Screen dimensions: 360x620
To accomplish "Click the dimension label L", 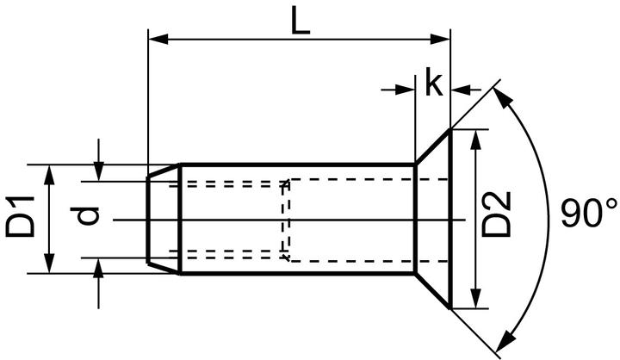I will click(299, 19).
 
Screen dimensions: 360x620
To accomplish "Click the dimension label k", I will click(433, 84).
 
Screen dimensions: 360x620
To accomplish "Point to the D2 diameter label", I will click(497, 215).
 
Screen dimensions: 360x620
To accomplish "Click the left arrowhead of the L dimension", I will click(158, 38).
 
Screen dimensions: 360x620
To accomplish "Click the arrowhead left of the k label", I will click(406, 89).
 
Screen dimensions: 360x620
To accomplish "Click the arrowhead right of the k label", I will click(460, 89).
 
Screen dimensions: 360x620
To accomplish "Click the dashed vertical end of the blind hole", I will click(285, 220).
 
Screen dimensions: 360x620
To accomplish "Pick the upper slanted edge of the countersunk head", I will click(432, 146).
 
